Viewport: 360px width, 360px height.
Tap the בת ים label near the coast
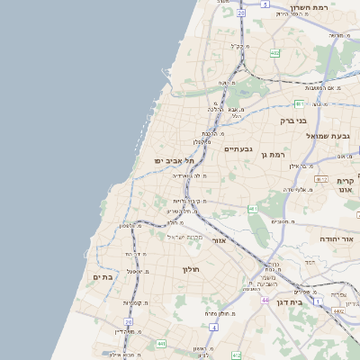tap(103, 277)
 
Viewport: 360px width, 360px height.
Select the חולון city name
tap(190, 269)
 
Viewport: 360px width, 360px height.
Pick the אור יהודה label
tap(338, 239)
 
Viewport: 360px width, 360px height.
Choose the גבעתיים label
tap(238, 148)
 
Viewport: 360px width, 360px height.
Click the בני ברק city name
tap(293, 120)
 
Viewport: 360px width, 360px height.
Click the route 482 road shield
tap(274, 53)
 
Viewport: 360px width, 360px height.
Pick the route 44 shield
tap(265, 298)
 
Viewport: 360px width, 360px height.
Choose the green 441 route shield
tap(160, 343)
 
